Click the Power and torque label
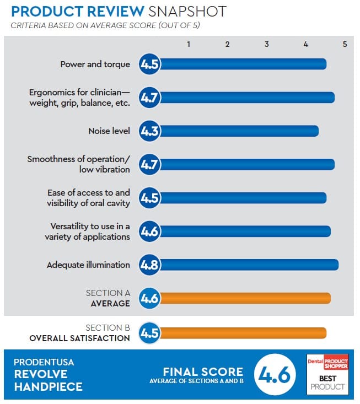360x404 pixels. pyautogui.click(x=95, y=64)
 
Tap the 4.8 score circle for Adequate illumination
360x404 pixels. pyautogui.click(x=149, y=265)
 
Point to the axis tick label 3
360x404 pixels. pyautogui.click(x=267, y=44)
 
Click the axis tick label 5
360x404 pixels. pyautogui.click(x=345, y=44)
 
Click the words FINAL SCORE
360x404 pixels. pyautogui.click(x=202, y=371)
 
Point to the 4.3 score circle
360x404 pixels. pyautogui.click(x=149, y=131)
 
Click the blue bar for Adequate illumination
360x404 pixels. pyautogui.click(x=248, y=265)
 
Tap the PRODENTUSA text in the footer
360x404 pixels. pyautogui.click(x=45, y=362)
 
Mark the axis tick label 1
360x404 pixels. pyautogui.click(x=189, y=44)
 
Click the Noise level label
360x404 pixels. pyautogui.click(x=109, y=131)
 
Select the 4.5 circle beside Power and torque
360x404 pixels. pyautogui.click(x=149, y=64)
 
